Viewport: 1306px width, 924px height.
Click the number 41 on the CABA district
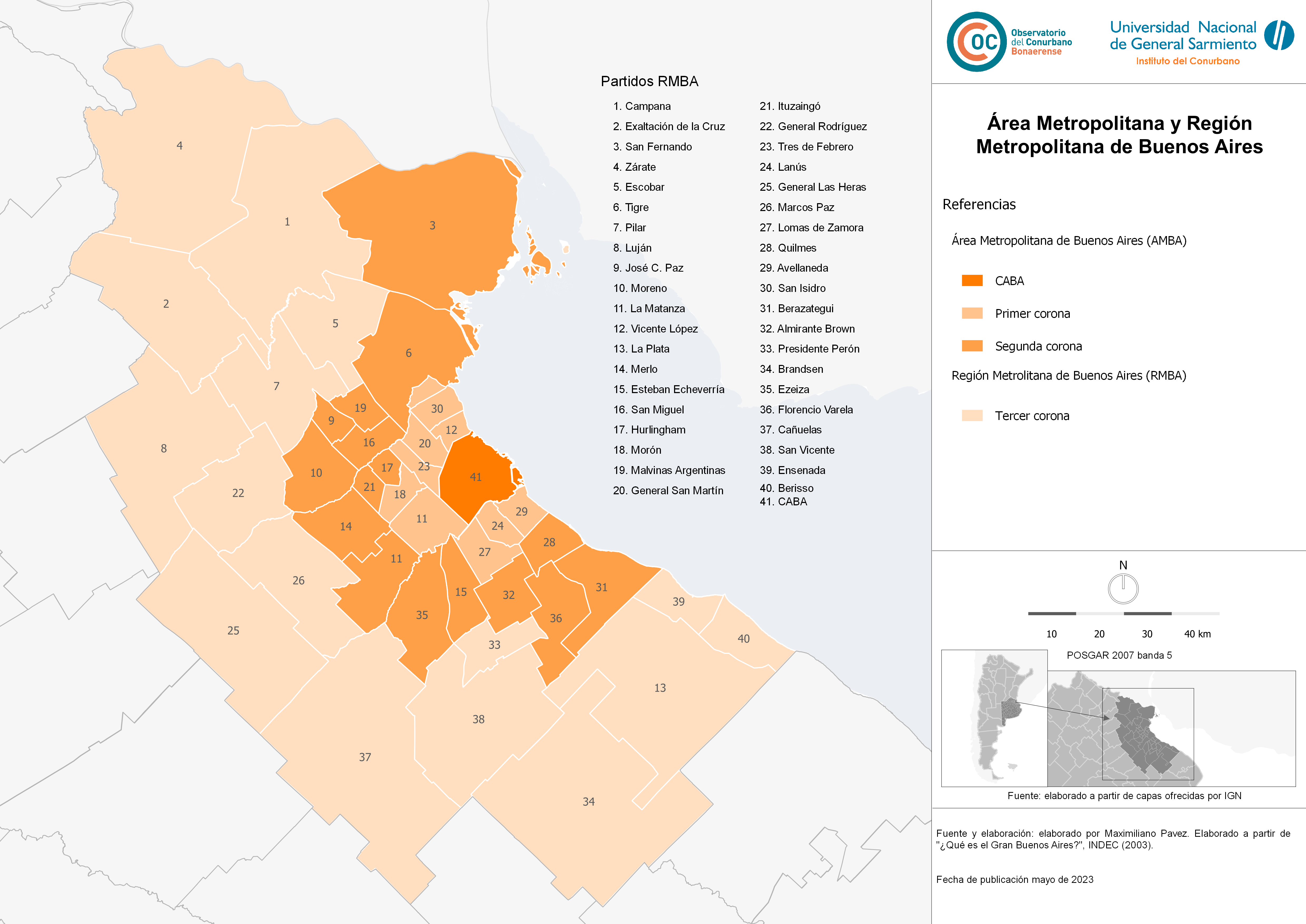pyautogui.click(x=476, y=477)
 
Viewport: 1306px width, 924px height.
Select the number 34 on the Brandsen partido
pyautogui.click(x=589, y=801)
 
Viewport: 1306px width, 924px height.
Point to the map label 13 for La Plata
pyautogui.click(x=660, y=688)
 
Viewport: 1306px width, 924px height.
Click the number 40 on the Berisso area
pyautogui.click(x=743, y=639)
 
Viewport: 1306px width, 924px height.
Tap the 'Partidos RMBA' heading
pyautogui.click(x=649, y=81)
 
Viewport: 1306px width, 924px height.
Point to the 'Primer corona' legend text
pyautogui.click(x=1032, y=314)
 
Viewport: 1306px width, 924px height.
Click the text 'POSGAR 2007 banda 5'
pyautogui.click(x=1119, y=655)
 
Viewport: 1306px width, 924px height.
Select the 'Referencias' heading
pyautogui.click(x=979, y=204)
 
